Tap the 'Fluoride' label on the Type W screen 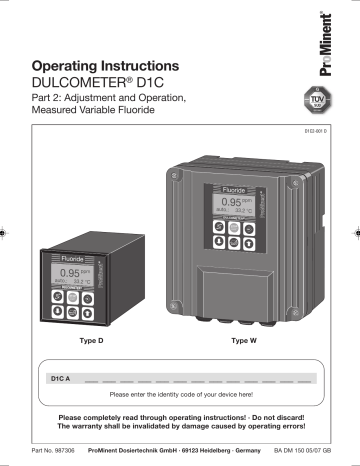point(232,188)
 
